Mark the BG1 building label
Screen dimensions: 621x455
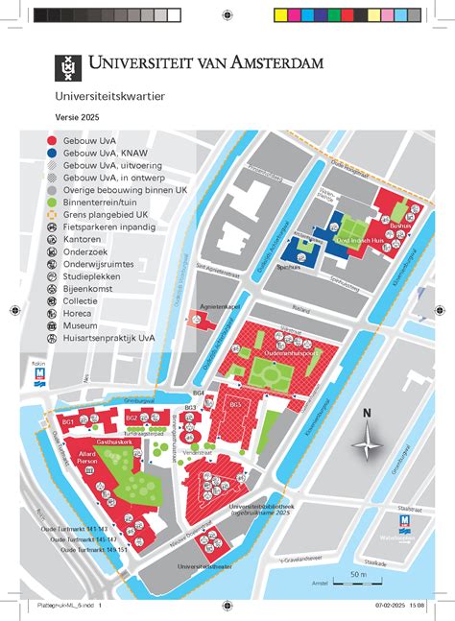coord(69,423)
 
